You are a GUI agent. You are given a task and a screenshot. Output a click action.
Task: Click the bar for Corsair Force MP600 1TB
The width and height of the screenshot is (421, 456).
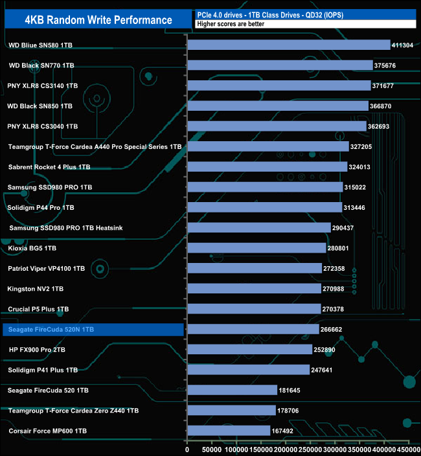[x=229, y=431]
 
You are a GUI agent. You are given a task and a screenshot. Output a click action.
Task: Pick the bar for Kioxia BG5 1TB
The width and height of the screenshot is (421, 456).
[x=256, y=248]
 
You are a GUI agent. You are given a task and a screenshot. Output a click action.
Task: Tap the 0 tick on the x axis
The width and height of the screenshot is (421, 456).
[x=187, y=448]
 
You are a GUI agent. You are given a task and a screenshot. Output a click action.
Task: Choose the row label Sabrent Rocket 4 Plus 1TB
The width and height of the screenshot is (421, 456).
[x=49, y=167]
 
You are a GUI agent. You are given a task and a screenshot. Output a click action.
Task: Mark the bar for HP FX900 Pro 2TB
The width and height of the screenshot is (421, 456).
[x=249, y=350]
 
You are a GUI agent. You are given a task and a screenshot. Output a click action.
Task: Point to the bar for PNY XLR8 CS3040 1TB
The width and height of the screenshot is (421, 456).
[x=277, y=126]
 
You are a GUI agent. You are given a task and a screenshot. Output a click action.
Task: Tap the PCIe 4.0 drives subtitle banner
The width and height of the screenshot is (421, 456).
[x=304, y=14]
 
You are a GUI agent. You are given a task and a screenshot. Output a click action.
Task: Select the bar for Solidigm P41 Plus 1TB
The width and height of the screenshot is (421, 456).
[x=248, y=370]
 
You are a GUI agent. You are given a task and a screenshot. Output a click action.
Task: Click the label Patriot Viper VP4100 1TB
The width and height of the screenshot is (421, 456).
[x=47, y=268]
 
